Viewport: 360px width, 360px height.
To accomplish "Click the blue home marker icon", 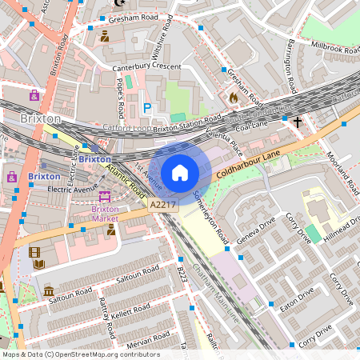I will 180,172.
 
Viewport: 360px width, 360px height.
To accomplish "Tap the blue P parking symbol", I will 146,107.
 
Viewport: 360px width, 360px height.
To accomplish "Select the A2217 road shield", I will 162,206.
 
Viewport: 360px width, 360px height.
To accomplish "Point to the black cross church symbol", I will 298,122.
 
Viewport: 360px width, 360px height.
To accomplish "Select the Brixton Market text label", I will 105,214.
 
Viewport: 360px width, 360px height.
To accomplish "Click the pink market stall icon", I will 105,197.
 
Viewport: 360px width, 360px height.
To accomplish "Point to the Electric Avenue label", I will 71,190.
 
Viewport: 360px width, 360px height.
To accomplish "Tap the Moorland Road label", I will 342,171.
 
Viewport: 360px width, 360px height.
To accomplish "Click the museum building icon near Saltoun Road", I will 49,290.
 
